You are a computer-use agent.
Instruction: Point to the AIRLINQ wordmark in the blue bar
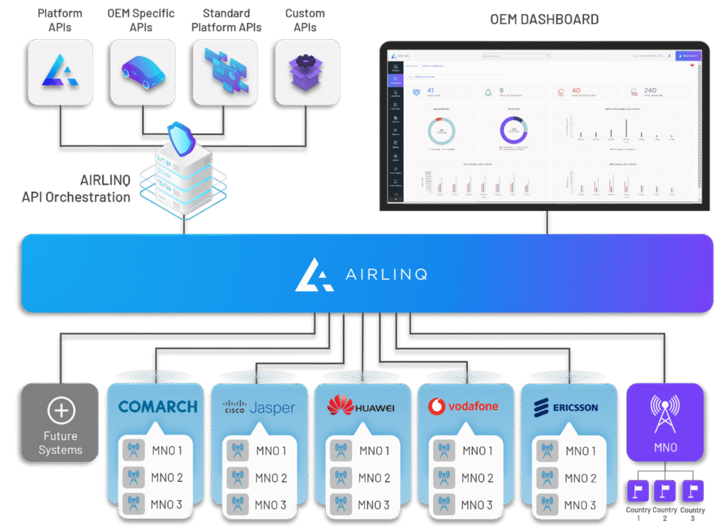(361, 274)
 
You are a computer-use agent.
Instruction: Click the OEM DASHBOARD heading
(544, 19)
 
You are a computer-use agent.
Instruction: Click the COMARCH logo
(158, 406)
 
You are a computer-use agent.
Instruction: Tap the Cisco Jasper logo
(259, 407)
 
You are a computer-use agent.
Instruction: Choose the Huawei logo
(361, 407)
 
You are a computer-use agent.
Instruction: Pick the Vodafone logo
(464, 407)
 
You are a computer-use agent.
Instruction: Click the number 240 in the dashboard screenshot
(650, 90)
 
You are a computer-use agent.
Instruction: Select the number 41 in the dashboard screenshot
(431, 90)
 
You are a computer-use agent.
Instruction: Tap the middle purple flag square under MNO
(665, 490)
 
